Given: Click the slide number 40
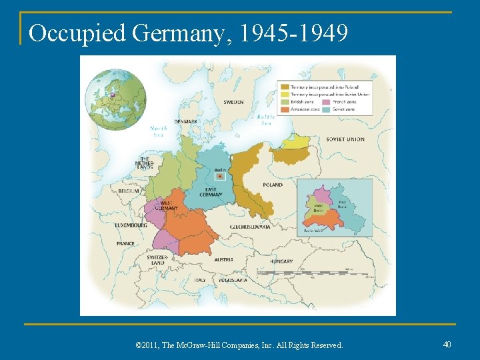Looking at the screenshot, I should (447, 344).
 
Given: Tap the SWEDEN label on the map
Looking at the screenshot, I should (233, 102).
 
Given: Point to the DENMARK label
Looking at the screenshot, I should (185, 121).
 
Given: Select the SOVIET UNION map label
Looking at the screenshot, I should (345, 139).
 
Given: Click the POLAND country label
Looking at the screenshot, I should (272, 185).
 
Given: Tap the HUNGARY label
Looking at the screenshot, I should (281, 261).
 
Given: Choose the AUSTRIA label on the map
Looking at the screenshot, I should (223, 259).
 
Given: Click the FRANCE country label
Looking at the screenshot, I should (125, 244).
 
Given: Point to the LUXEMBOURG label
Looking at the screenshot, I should (131, 225).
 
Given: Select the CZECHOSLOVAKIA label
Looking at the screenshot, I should (250, 227).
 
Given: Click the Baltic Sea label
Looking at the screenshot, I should (266, 119).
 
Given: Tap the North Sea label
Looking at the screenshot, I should (159, 130).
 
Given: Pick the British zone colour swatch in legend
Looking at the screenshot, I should (285, 102).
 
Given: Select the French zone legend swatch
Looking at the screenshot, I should (325, 102).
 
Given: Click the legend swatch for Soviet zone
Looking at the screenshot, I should (325, 109).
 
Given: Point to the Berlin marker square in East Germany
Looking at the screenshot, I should (219, 177).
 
